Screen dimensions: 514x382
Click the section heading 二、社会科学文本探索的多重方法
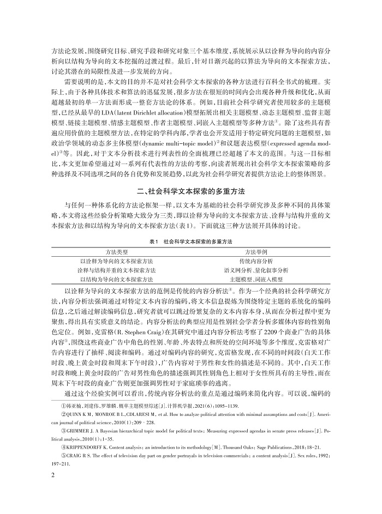click(x=191, y=190)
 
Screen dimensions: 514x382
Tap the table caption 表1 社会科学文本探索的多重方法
click(x=191, y=240)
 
